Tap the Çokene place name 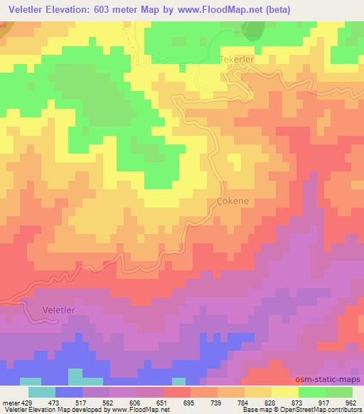[x=232, y=201]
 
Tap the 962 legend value [x=351, y=401]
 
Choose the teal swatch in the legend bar [x=42, y=391]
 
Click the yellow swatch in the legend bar [x=285, y=391]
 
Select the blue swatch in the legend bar [x=69, y=391]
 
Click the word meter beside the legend [x=10, y=401]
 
